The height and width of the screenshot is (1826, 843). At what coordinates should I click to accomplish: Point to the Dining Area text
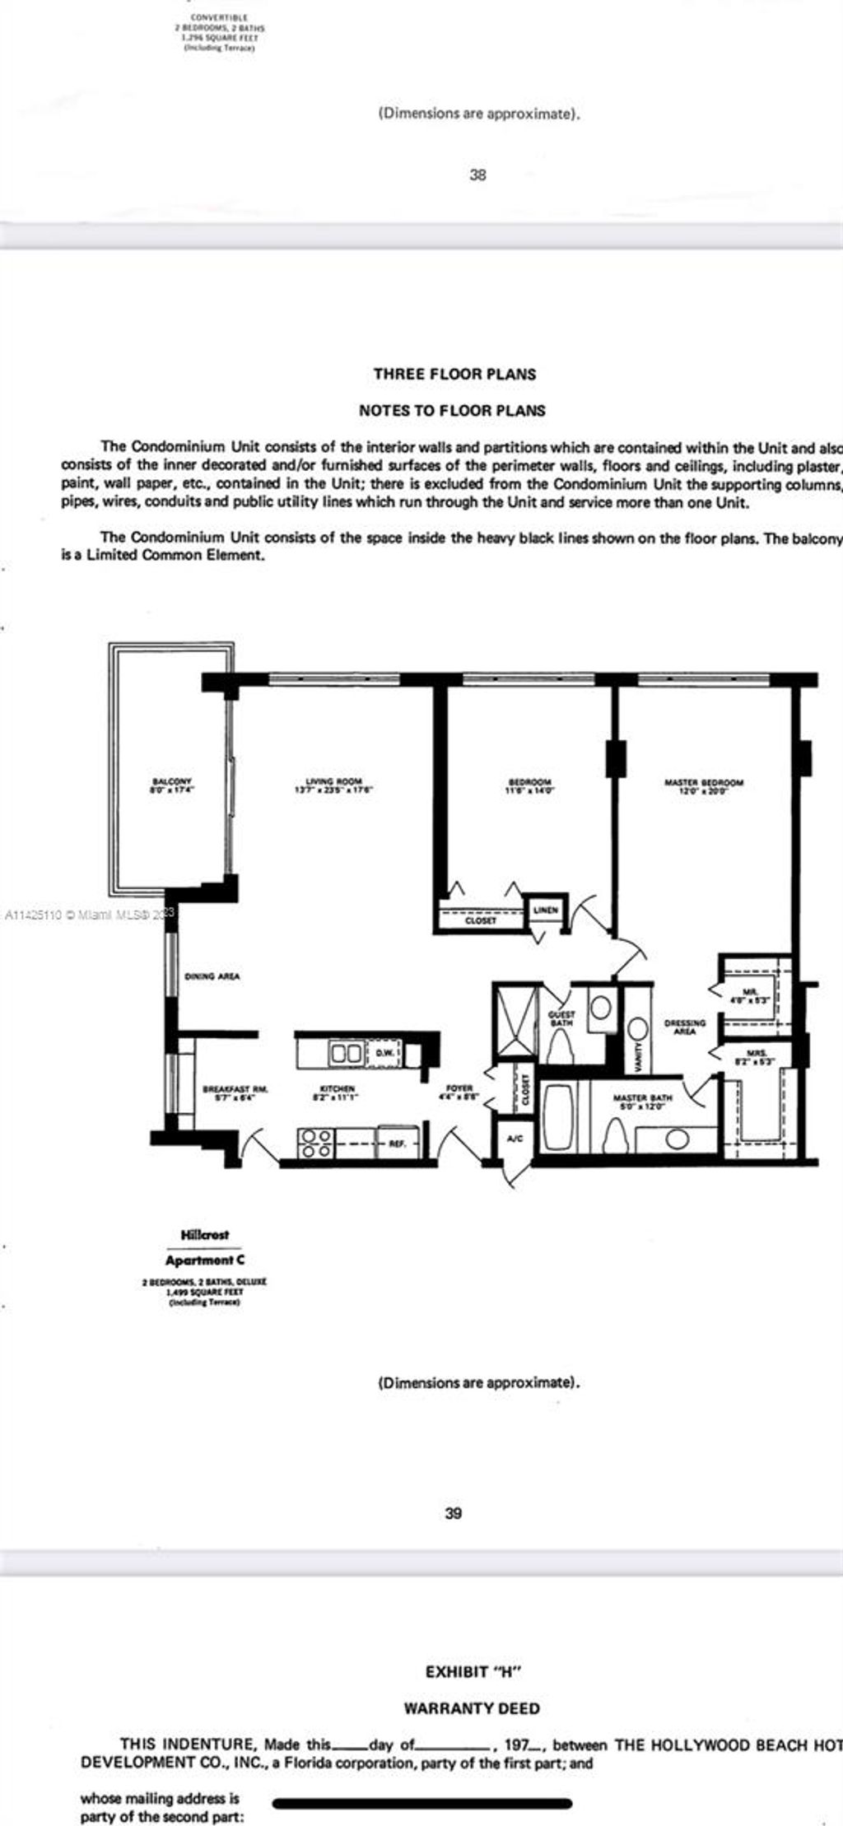tap(212, 976)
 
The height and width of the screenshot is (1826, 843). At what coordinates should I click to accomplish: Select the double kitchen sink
tap(346, 1053)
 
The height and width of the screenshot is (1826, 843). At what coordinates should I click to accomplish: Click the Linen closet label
tap(545, 910)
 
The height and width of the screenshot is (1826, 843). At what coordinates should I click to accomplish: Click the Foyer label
tap(459, 1092)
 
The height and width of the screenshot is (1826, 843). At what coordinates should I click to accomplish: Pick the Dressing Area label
tap(685, 1027)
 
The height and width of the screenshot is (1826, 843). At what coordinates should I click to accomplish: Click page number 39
tap(453, 1513)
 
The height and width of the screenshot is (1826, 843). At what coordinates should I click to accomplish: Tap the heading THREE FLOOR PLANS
tap(454, 374)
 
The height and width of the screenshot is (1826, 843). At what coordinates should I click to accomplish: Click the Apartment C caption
tap(205, 1260)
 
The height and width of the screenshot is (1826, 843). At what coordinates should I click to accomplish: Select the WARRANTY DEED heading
tap(472, 1708)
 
